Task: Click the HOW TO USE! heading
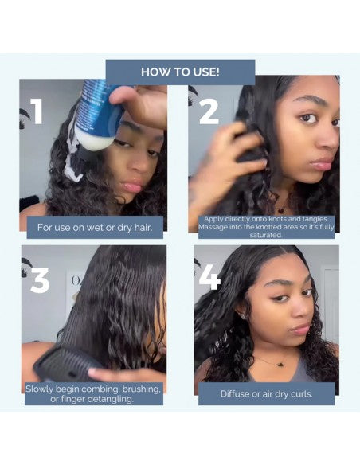tap(180, 72)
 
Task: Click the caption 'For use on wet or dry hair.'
tap(94, 227)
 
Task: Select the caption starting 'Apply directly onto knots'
tap(265, 227)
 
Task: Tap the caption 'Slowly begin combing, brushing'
tap(94, 393)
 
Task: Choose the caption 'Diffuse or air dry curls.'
tap(265, 393)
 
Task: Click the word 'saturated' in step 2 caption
tap(265, 236)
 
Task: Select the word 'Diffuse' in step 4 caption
tap(236, 393)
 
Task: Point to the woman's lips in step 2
tap(321, 165)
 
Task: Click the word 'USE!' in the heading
tap(204, 72)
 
